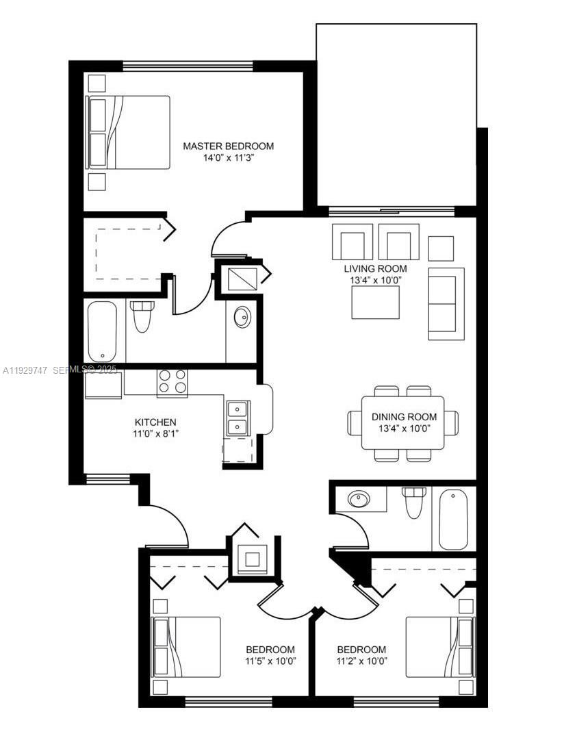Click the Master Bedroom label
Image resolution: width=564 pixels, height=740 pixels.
pos(228,146)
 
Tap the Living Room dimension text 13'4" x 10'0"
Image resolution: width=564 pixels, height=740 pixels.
pos(375,280)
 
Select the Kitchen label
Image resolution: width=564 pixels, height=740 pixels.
pos(155,422)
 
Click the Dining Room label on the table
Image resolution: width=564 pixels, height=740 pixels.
pos(403,417)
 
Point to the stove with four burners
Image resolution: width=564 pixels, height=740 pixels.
pos(172,382)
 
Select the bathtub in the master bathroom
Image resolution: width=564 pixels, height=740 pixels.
pos(102,331)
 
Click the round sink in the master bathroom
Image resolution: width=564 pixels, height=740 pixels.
pos(242,318)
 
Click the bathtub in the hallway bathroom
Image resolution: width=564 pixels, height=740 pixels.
pos(453,519)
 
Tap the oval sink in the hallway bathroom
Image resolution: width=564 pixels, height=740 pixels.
pos(359,499)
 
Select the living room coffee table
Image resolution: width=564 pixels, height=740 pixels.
pos(375,302)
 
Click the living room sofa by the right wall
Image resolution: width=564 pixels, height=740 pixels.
pos(446,303)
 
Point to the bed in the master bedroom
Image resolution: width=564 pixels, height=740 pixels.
pos(128,132)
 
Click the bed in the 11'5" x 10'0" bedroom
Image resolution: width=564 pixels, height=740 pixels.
pos(185,647)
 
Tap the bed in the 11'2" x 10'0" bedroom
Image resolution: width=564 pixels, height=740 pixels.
pos(440,647)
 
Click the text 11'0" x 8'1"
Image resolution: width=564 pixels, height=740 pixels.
pos(156,433)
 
